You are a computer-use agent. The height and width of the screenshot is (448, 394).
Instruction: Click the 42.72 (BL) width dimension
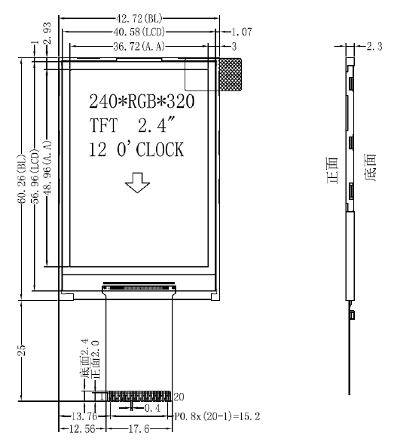click(x=139, y=19)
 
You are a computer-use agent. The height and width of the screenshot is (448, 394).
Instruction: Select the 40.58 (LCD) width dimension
click(x=139, y=32)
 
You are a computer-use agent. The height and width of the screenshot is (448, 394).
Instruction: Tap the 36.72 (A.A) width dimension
click(x=139, y=46)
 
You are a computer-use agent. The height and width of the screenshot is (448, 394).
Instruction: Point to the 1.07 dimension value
click(x=242, y=32)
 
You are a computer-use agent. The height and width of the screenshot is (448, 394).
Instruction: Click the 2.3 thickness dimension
click(x=374, y=46)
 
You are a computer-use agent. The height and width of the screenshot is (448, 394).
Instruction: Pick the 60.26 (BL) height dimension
click(x=22, y=180)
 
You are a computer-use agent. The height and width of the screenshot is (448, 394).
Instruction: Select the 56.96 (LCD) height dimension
click(x=35, y=176)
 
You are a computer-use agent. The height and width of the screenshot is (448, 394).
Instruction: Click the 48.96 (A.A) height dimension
click(x=47, y=167)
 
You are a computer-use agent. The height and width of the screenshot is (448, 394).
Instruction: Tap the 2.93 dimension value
click(x=47, y=33)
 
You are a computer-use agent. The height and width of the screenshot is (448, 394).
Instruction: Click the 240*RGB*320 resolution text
click(x=142, y=101)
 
